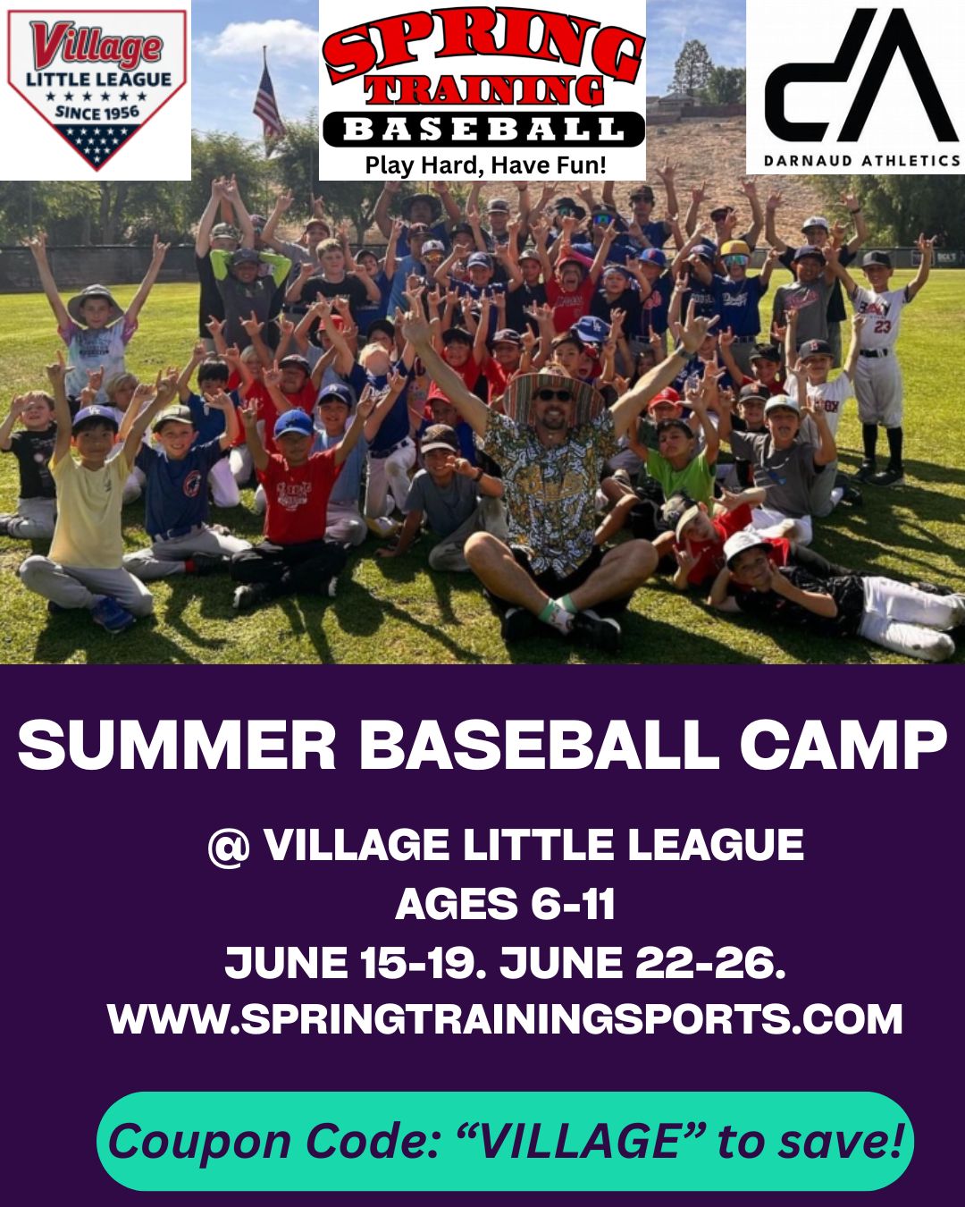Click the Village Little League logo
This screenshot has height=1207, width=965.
pos(96,89)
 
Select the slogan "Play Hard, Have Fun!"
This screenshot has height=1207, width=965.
pos(485,165)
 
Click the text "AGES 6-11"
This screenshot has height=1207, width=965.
pos(505,905)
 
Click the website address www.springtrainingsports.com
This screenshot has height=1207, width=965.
pos(505,1019)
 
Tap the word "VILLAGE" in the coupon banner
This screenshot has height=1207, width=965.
pos(582,1141)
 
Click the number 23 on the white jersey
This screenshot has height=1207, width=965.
pos(881,325)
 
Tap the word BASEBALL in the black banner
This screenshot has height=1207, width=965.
pos(483,130)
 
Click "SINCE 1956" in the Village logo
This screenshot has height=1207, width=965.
pos(96,112)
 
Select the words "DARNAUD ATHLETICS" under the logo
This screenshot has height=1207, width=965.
pos(862,161)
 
